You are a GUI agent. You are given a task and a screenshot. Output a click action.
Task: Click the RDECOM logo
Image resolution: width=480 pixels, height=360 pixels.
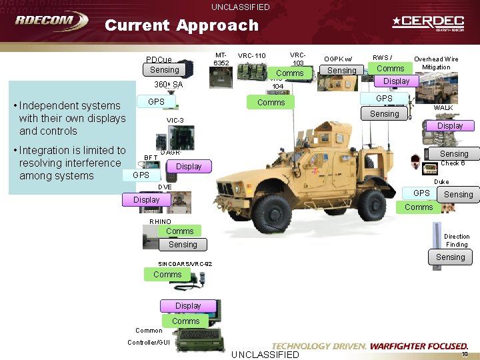[x=51, y=21]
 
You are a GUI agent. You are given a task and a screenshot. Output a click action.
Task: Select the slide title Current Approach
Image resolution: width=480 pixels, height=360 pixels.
[x=181, y=25]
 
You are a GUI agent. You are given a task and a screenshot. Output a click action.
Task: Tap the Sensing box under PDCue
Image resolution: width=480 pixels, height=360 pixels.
[x=165, y=70]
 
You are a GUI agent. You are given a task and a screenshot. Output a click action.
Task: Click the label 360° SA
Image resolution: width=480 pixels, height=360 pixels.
[x=168, y=85]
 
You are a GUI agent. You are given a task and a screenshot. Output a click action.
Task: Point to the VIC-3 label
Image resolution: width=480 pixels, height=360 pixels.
[x=175, y=120]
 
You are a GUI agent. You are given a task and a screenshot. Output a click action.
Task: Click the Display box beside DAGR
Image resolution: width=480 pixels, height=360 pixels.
[x=189, y=166]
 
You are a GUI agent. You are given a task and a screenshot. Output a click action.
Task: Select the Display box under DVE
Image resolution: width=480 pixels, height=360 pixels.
[x=147, y=199]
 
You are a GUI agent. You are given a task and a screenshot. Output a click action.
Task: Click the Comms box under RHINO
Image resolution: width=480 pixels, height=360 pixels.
[x=180, y=231]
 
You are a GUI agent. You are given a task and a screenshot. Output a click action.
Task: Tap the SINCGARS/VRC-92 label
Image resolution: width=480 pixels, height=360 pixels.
[x=176, y=263]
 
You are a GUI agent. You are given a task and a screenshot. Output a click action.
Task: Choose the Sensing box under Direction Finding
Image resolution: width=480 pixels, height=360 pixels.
[x=451, y=257]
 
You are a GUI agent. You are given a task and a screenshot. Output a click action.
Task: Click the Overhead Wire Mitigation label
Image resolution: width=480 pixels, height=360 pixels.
[x=436, y=63]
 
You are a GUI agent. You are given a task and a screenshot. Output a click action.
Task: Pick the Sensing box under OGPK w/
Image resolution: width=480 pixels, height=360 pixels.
[x=342, y=70]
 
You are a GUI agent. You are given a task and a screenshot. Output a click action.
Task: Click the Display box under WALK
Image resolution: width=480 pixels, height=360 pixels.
[x=450, y=125]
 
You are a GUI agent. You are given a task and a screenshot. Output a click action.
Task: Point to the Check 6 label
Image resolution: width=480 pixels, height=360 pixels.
[x=453, y=163]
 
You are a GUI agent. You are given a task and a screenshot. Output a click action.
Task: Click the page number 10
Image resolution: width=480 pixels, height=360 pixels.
[x=465, y=354]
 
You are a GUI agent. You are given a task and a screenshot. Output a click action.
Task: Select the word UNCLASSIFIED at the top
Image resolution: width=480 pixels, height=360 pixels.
[x=241, y=7]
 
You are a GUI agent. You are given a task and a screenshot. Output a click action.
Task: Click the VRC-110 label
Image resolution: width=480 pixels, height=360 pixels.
[x=251, y=55]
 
